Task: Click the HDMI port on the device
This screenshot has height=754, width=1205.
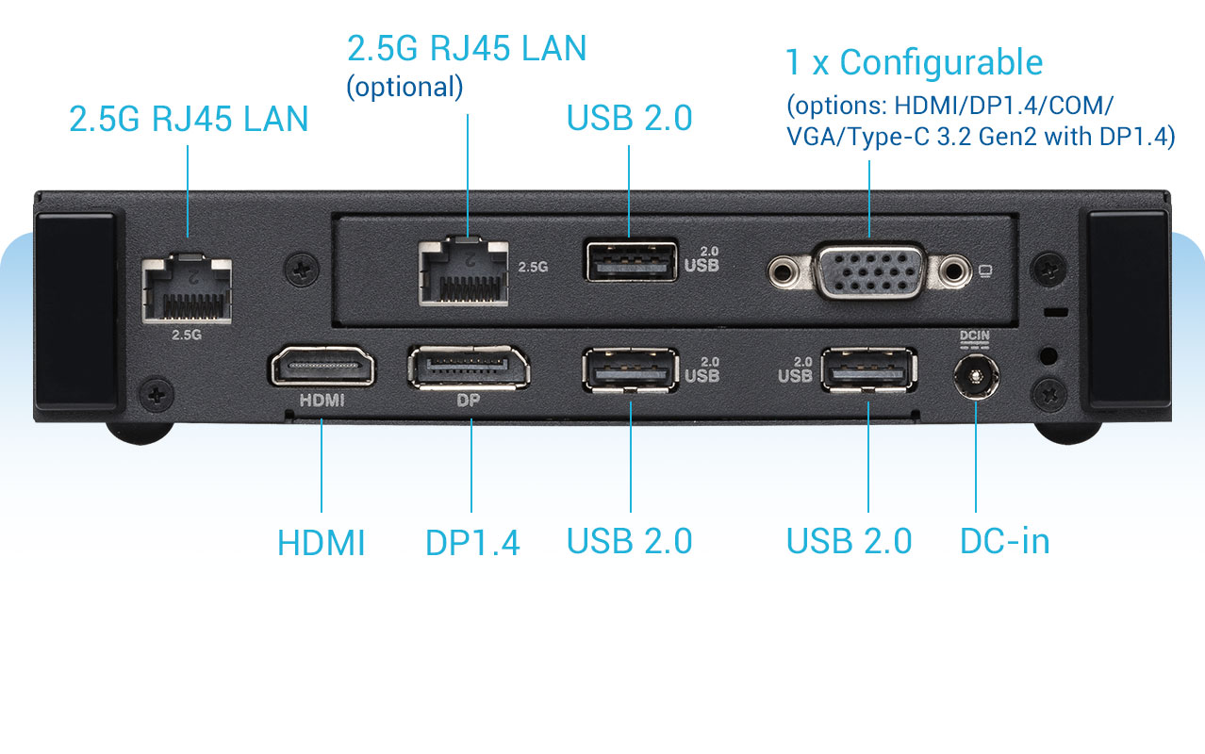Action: pos(322,368)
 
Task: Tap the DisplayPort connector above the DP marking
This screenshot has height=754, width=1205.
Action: pos(469,368)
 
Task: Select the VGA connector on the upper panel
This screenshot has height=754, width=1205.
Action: pos(867,271)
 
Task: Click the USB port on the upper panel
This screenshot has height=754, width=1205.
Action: pos(631,261)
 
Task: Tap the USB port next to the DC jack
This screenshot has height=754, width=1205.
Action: pos(867,369)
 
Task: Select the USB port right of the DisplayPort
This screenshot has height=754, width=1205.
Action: pos(630,369)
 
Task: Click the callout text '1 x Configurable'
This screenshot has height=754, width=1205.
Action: pos(914,63)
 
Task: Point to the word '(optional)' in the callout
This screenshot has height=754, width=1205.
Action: pos(404,87)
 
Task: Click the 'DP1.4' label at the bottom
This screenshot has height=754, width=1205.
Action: pos(472,542)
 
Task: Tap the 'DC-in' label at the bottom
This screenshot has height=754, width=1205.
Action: pos(1004,541)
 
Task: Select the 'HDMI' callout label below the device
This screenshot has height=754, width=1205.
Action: pos(322,543)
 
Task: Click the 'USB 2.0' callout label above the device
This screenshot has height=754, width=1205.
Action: pos(629,118)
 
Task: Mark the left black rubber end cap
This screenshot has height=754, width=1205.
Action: pos(75,310)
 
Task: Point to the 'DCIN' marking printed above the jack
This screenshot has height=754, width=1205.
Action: pos(974,336)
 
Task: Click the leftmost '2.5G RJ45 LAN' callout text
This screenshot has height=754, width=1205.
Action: pos(189,119)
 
